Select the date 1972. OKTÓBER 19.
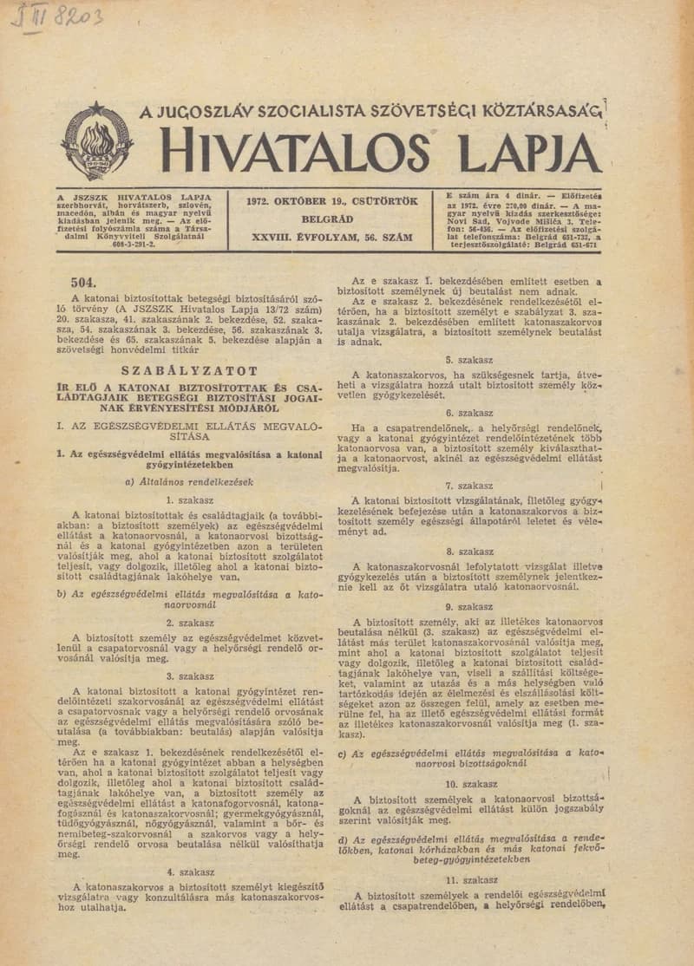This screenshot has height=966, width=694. pyautogui.click(x=333, y=201)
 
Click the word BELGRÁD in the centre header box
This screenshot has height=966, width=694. pyautogui.click(x=333, y=219)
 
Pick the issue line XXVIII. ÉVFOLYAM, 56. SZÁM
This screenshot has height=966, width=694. pyautogui.click(x=333, y=236)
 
